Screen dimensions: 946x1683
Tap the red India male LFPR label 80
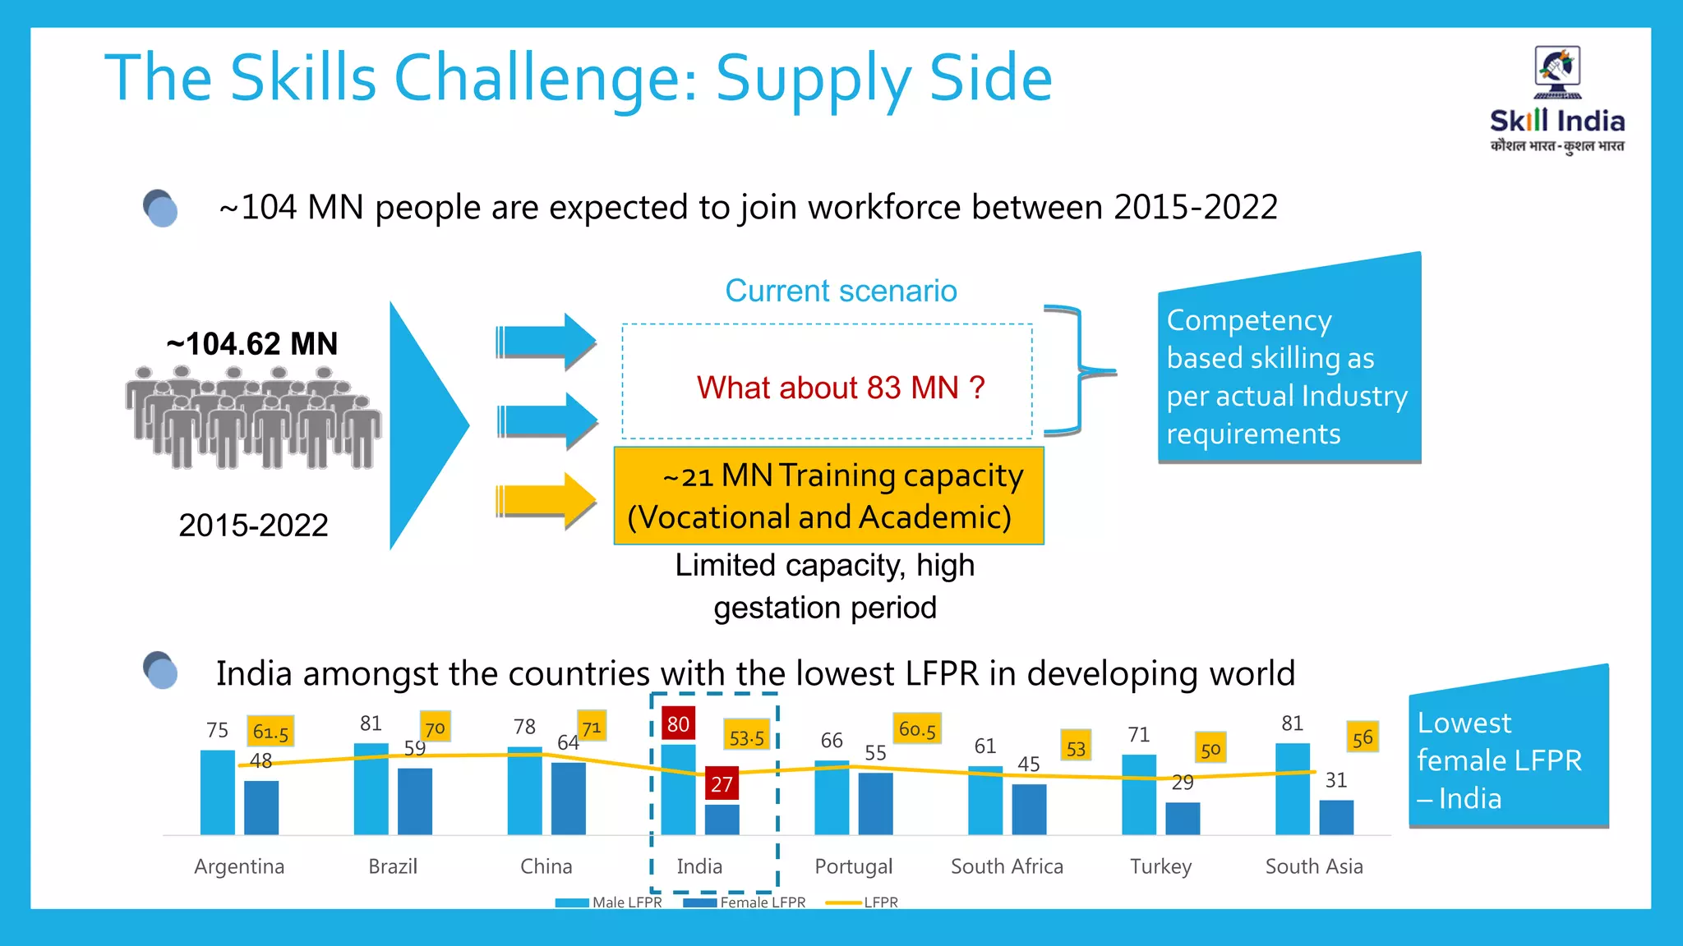coord(678,724)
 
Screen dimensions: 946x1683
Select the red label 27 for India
coord(722,784)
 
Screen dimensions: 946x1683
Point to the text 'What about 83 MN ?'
coord(840,388)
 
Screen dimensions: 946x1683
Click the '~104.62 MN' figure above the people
coord(252,343)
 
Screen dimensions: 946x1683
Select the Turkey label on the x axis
coord(1160,866)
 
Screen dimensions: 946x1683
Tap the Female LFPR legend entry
coord(745,902)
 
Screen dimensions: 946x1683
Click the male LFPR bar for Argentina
coord(218,792)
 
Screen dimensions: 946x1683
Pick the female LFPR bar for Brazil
coord(415,801)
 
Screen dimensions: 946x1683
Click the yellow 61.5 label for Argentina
coord(270,732)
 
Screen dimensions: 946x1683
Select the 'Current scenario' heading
coord(841,291)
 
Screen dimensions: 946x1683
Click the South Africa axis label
coord(1007,866)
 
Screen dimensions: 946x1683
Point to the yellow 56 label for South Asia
coord(1362,737)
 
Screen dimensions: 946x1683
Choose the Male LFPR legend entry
coord(609,902)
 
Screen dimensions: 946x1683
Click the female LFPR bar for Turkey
coord(1183,818)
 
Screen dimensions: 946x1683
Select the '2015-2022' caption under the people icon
coord(253,526)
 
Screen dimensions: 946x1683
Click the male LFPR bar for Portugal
coord(832,797)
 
